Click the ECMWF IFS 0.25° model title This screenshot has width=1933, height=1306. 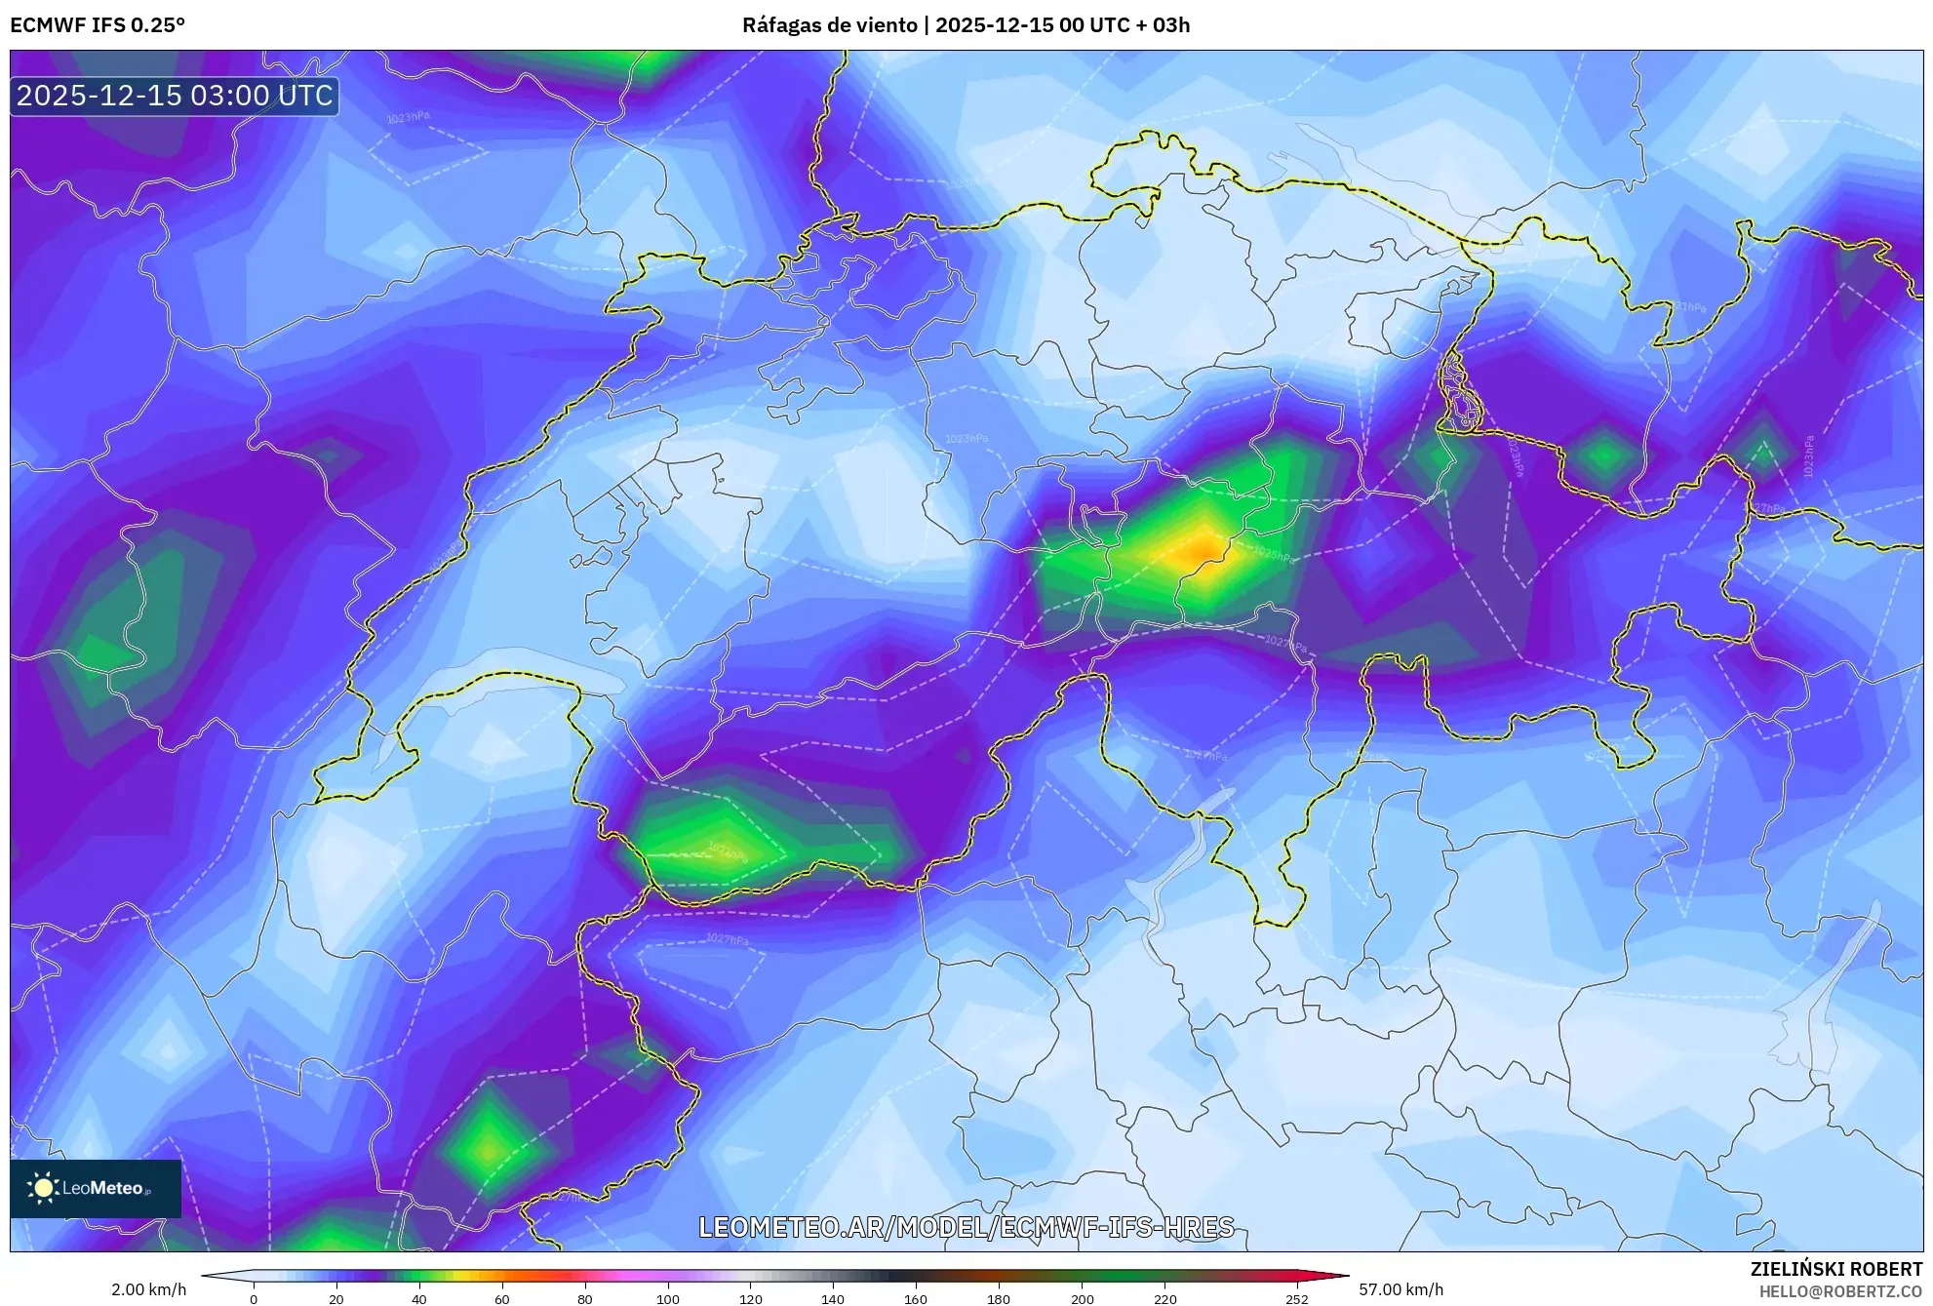click(98, 24)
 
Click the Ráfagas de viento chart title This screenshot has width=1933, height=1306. click(966, 24)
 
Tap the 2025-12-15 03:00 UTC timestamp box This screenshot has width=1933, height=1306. click(175, 96)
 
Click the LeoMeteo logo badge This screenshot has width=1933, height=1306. click(96, 1188)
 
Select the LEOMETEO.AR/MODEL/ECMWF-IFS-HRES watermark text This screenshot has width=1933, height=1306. click(966, 1227)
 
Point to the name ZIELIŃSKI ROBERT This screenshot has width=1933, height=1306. click(1835, 1269)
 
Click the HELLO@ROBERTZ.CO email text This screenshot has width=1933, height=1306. click(1840, 1291)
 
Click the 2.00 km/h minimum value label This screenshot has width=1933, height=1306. click(148, 1289)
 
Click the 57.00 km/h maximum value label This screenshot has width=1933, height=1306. click(1400, 1289)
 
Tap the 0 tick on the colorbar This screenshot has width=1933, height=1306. click(254, 1298)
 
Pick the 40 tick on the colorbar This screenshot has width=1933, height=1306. click(419, 1298)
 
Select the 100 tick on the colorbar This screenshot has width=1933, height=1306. click(668, 1298)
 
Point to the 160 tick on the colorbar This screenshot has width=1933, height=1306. click(916, 1298)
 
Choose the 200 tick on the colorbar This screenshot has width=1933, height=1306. click(1082, 1298)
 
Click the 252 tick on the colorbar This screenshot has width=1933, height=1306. click(1297, 1298)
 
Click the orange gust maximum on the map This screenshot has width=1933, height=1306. click(1202, 549)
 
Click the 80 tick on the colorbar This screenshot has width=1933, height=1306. click(585, 1298)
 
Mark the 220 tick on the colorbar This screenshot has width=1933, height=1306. click(1164, 1298)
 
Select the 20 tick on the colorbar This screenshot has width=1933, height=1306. click(336, 1298)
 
